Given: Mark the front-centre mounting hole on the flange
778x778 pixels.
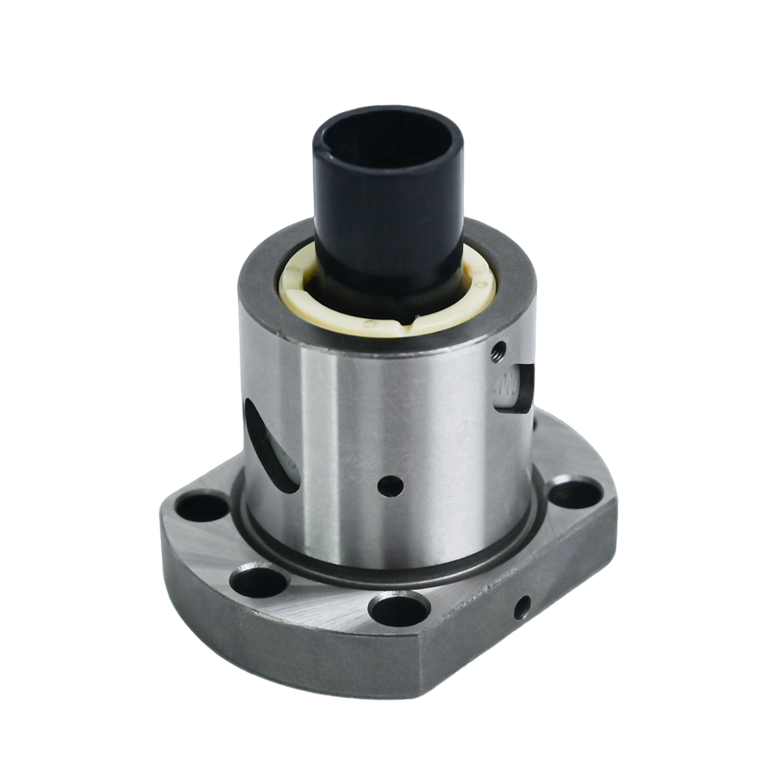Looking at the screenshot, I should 399,608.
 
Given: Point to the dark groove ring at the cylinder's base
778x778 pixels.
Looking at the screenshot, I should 389,572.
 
